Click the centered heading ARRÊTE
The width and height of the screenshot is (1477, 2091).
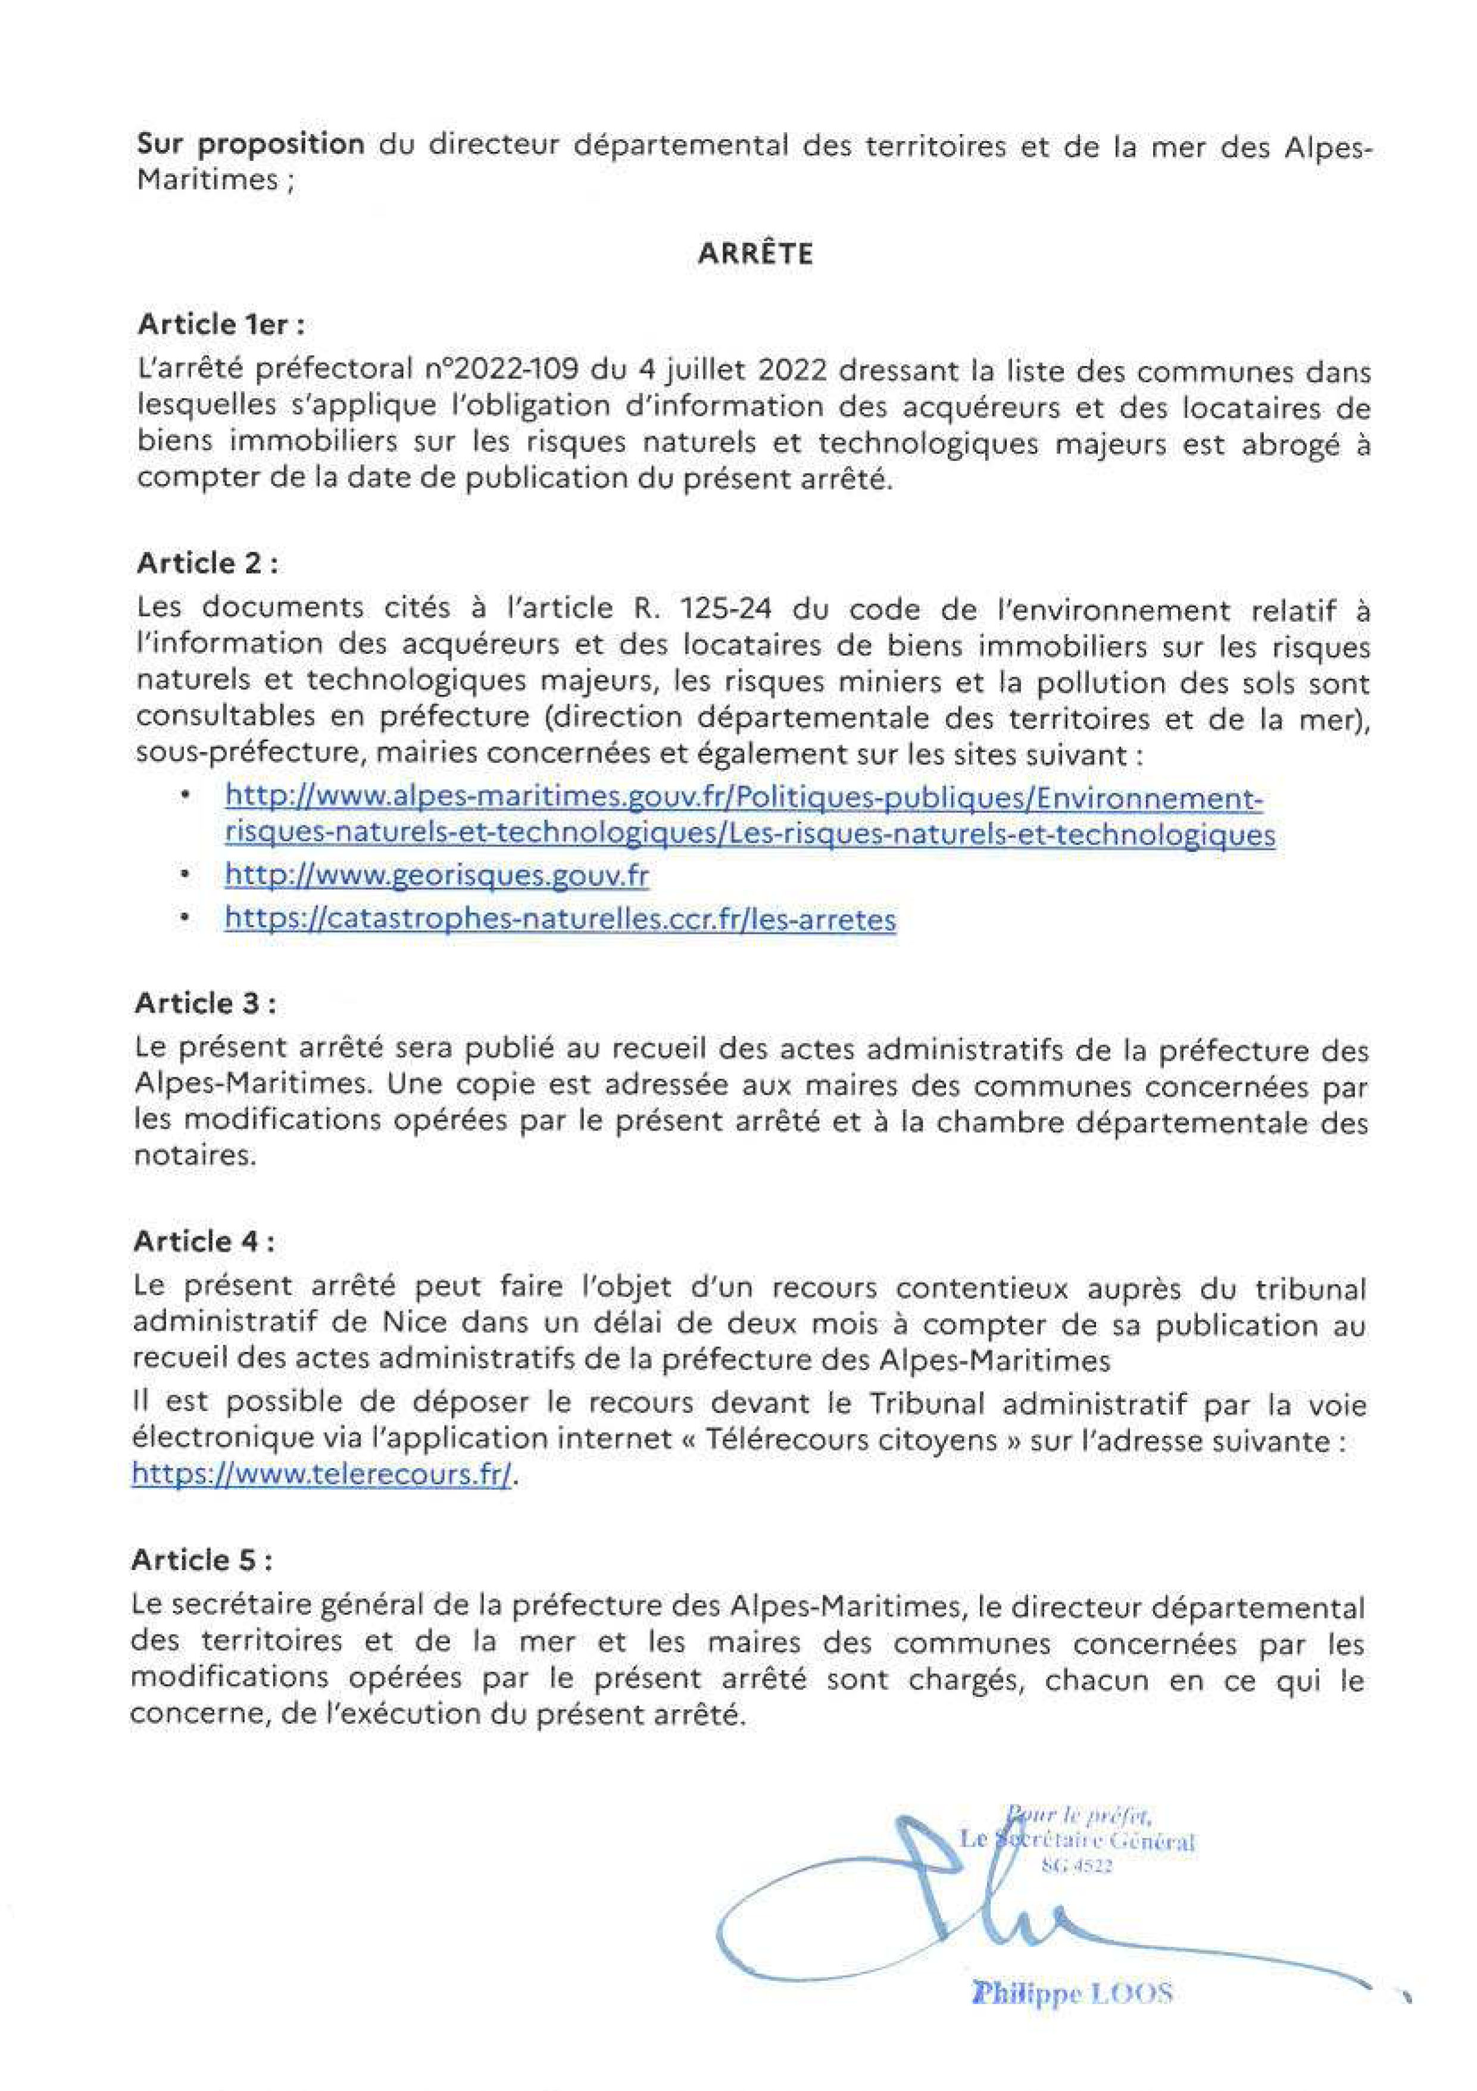click(x=755, y=254)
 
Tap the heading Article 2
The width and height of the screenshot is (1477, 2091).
click(x=207, y=564)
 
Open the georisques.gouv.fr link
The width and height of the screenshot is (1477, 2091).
click(x=436, y=876)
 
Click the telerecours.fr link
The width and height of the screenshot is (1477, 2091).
click(x=322, y=1475)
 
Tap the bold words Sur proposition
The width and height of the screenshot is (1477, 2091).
click(x=251, y=144)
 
